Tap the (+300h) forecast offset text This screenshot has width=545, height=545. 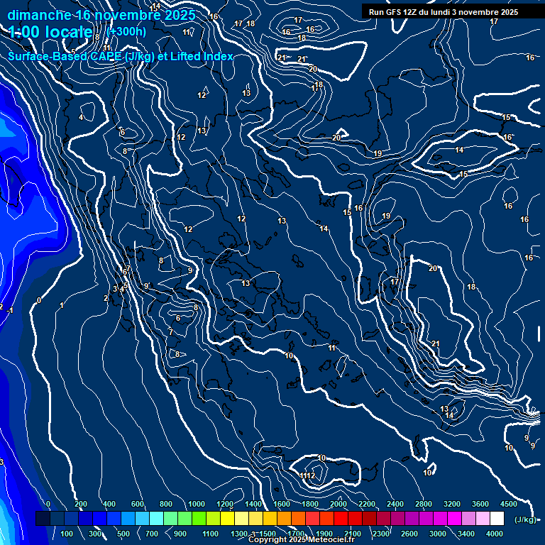[126, 31]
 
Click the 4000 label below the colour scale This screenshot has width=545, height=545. [495, 534]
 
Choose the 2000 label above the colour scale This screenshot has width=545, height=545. [338, 504]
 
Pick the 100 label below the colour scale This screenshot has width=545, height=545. [67, 534]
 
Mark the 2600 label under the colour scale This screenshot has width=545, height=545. [409, 534]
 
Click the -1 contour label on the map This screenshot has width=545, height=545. [10, 310]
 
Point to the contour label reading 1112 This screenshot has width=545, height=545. [307, 475]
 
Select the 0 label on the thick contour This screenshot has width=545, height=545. [39, 301]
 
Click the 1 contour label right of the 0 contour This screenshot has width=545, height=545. [62, 305]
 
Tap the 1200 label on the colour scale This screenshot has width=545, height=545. [225, 504]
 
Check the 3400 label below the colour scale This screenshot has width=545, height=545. [466, 534]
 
